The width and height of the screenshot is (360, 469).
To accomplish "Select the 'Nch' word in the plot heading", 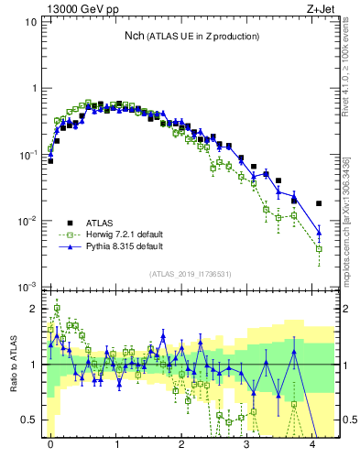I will coord(135,36).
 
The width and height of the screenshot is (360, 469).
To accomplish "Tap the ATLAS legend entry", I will coord(100,223).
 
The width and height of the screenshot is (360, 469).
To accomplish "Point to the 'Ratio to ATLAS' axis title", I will coord(14,363).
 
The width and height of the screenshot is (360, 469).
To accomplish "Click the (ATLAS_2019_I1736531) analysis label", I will coord(190,275).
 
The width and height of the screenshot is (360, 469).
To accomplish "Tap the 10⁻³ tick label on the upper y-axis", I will coord(28,287).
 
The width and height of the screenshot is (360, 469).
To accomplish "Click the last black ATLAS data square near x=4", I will coord(319,203).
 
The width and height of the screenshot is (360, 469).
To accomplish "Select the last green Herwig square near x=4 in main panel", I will coord(319,248).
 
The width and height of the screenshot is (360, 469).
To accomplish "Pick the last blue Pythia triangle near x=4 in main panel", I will coord(319,231).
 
